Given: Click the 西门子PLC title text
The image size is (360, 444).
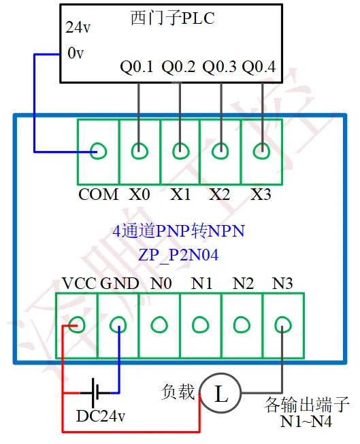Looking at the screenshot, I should coord(171,18).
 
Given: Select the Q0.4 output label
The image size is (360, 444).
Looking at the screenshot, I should coord(259,67).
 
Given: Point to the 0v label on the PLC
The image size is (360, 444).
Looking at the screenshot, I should coord(75,52).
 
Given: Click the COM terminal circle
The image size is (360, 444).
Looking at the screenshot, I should coord(99,151).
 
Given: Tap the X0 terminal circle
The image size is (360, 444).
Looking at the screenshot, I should coord(140,151).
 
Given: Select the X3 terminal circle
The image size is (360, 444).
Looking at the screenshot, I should coord(261,151).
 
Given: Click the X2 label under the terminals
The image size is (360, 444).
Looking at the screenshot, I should coord(219,194).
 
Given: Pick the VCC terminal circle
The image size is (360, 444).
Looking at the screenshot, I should coord(77,325).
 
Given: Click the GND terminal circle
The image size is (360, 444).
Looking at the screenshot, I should coord(118,325).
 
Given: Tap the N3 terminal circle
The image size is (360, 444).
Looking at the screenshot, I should coord(282,325).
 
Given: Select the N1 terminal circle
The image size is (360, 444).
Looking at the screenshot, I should coord(200,325).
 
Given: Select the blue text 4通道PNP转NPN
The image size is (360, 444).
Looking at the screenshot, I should coord(179,231).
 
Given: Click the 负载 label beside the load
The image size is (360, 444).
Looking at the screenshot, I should coord(178,392).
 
